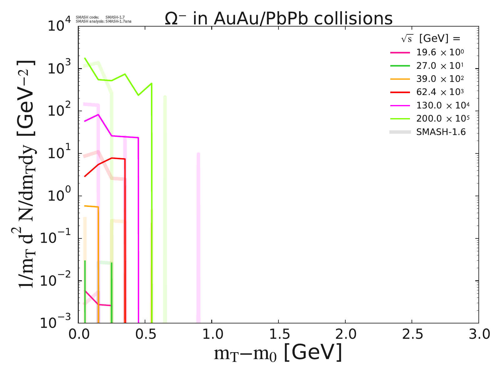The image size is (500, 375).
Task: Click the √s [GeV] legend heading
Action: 431,38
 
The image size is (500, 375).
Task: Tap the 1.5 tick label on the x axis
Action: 278,334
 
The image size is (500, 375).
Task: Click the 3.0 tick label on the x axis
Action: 478,334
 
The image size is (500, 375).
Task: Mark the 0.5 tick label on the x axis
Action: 145,334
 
